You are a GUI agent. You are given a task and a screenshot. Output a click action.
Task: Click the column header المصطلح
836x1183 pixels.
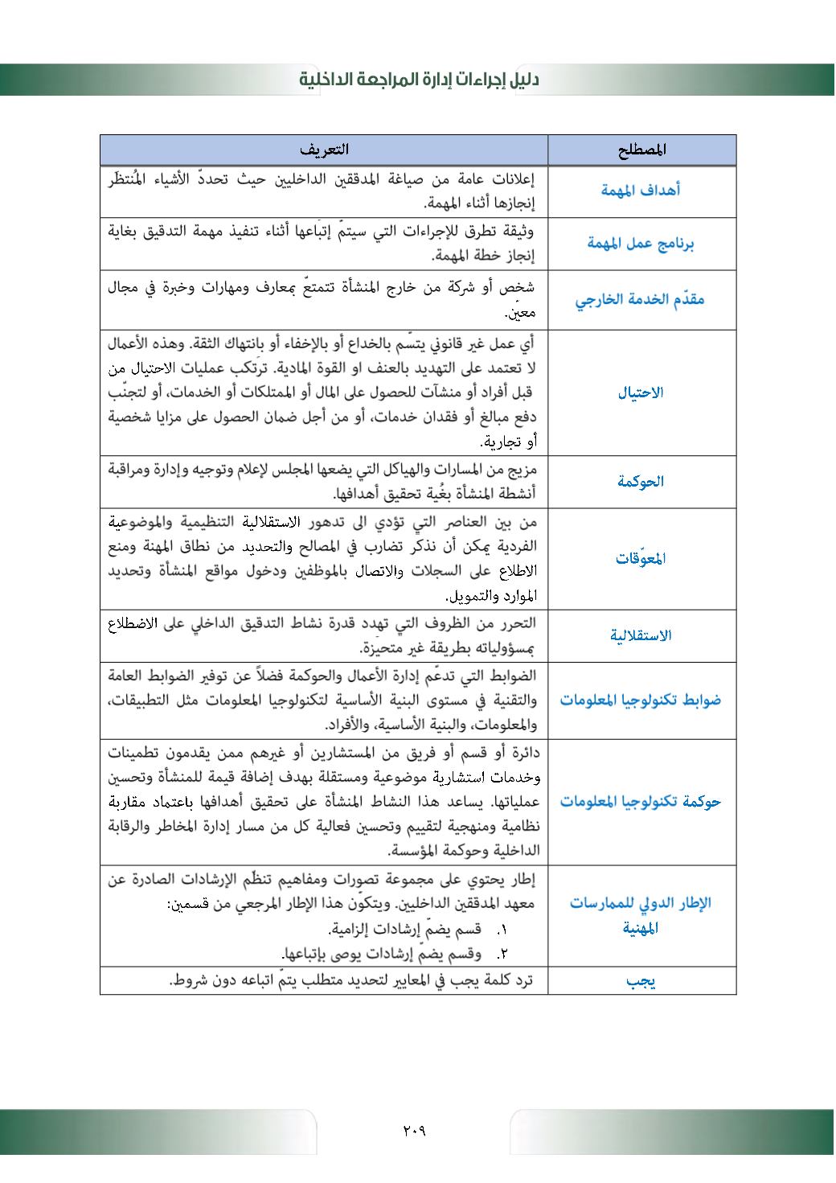(x=642, y=150)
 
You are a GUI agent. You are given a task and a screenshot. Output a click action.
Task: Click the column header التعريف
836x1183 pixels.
(x=324, y=150)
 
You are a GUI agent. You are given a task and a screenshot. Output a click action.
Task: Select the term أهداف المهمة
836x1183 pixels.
(x=641, y=191)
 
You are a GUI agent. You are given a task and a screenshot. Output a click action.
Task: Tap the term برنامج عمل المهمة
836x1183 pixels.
(x=641, y=244)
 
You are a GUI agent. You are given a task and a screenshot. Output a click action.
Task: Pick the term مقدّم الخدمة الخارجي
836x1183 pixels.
(x=640, y=300)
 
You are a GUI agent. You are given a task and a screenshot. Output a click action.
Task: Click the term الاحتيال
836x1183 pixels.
(x=641, y=393)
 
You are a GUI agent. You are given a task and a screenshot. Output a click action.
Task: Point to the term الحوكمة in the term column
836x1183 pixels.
(x=641, y=482)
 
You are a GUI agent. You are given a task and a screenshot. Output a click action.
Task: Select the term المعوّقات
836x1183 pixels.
(x=641, y=558)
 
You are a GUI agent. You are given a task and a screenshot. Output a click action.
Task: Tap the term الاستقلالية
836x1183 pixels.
(x=641, y=635)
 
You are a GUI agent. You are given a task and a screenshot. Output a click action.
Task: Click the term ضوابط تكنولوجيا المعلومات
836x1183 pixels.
(x=641, y=700)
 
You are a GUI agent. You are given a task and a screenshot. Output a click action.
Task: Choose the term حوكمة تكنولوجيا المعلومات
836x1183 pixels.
(x=641, y=802)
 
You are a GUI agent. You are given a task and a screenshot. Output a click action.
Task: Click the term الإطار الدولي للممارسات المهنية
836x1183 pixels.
(x=641, y=915)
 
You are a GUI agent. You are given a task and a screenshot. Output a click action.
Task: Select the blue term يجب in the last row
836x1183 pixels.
(x=641, y=982)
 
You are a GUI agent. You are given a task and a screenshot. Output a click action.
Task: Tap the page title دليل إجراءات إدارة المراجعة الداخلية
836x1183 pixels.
(x=419, y=80)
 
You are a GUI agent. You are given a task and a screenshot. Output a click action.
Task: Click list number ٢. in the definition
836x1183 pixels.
(x=502, y=954)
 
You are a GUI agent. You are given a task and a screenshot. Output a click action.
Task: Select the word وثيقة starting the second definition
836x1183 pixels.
(x=517, y=232)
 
